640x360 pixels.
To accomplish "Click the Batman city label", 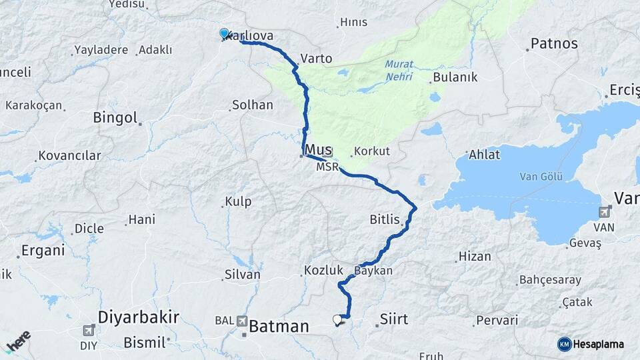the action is [x=279, y=327].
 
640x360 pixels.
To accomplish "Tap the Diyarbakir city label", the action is [x=138, y=317].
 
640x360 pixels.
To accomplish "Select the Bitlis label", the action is [x=384, y=219].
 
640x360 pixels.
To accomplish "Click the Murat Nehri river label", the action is [x=399, y=71].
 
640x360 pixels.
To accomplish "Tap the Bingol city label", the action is [x=115, y=118].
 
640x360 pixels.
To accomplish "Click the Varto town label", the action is [x=316, y=59].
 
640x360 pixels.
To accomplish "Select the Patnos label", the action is [x=553, y=44].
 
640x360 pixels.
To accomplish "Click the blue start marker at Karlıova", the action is [x=224, y=33].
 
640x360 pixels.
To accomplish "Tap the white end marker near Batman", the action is [x=337, y=320].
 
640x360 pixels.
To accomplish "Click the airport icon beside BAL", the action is [x=241, y=321].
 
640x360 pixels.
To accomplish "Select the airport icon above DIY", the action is [x=89, y=330].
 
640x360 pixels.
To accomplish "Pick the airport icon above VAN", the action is [x=605, y=212].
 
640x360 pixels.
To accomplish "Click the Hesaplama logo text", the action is [x=599, y=344].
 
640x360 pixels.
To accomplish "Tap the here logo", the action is [x=18, y=341].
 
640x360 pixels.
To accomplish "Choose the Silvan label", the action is [x=243, y=274].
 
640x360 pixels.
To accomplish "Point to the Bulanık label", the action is [x=455, y=77].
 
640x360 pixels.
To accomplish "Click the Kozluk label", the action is [x=323, y=270].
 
